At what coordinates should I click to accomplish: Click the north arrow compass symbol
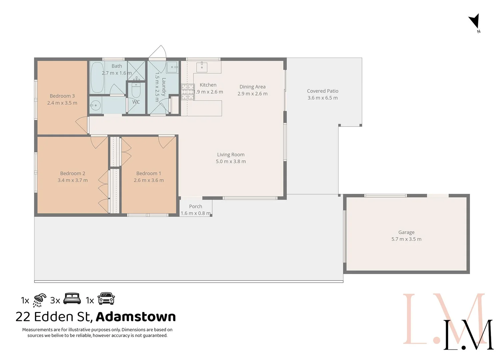pos(474,22)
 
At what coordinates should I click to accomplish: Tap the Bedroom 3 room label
pos(62,96)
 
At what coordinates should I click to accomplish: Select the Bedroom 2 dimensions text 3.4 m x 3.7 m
pos(73,180)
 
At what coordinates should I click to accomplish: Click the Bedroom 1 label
pos(149,173)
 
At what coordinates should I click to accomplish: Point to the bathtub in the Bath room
pos(97,77)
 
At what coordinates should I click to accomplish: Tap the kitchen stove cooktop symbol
pos(188,92)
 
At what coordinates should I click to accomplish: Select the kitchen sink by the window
pos(202,67)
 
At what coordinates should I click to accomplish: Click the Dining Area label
pos(252,87)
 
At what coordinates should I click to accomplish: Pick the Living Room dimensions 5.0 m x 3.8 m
pos(231,162)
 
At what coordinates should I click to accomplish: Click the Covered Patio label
pos(322,91)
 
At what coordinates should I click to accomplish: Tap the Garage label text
pos(406,232)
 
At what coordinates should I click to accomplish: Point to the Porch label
pos(196,206)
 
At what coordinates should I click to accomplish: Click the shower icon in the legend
pos(40,300)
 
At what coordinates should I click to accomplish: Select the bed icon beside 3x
pos(72,299)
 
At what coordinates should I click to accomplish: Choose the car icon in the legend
pos(106,299)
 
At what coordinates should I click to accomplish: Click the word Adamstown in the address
pos(136,317)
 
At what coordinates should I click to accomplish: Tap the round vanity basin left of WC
pos(95,106)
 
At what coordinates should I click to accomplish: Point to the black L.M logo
pos(468,335)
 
